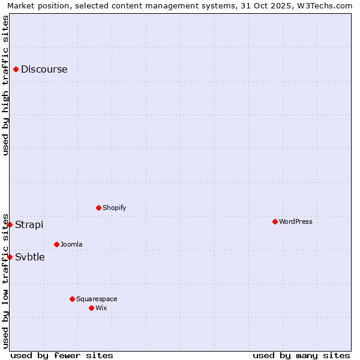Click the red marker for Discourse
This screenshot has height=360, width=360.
[x=16, y=69]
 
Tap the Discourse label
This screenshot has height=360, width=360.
[x=44, y=69]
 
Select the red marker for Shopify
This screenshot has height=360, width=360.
[x=98, y=208]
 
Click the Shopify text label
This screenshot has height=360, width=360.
[x=114, y=208]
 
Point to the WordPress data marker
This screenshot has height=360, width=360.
[x=275, y=221]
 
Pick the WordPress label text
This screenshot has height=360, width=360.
[x=296, y=221]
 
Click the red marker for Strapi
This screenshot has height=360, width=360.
[x=10, y=224]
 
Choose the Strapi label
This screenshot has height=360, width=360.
[x=29, y=224]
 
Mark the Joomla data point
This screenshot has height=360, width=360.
[x=56, y=244]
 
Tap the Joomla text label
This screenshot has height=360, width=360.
[x=71, y=244]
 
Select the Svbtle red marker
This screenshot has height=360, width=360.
[x=10, y=257]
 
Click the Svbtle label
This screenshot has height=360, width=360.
[x=30, y=257]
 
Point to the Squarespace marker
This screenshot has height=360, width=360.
[x=72, y=299]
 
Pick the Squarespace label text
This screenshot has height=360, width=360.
[x=97, y=299]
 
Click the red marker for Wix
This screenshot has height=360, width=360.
[x=91, y=308]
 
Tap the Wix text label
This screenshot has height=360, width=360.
[x=101, y=308]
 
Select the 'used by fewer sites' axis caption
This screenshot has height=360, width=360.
[x=62, y=355]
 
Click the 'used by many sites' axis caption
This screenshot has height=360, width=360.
[x=301, y=355]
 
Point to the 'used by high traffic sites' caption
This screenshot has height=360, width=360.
[x=5, y=85]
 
